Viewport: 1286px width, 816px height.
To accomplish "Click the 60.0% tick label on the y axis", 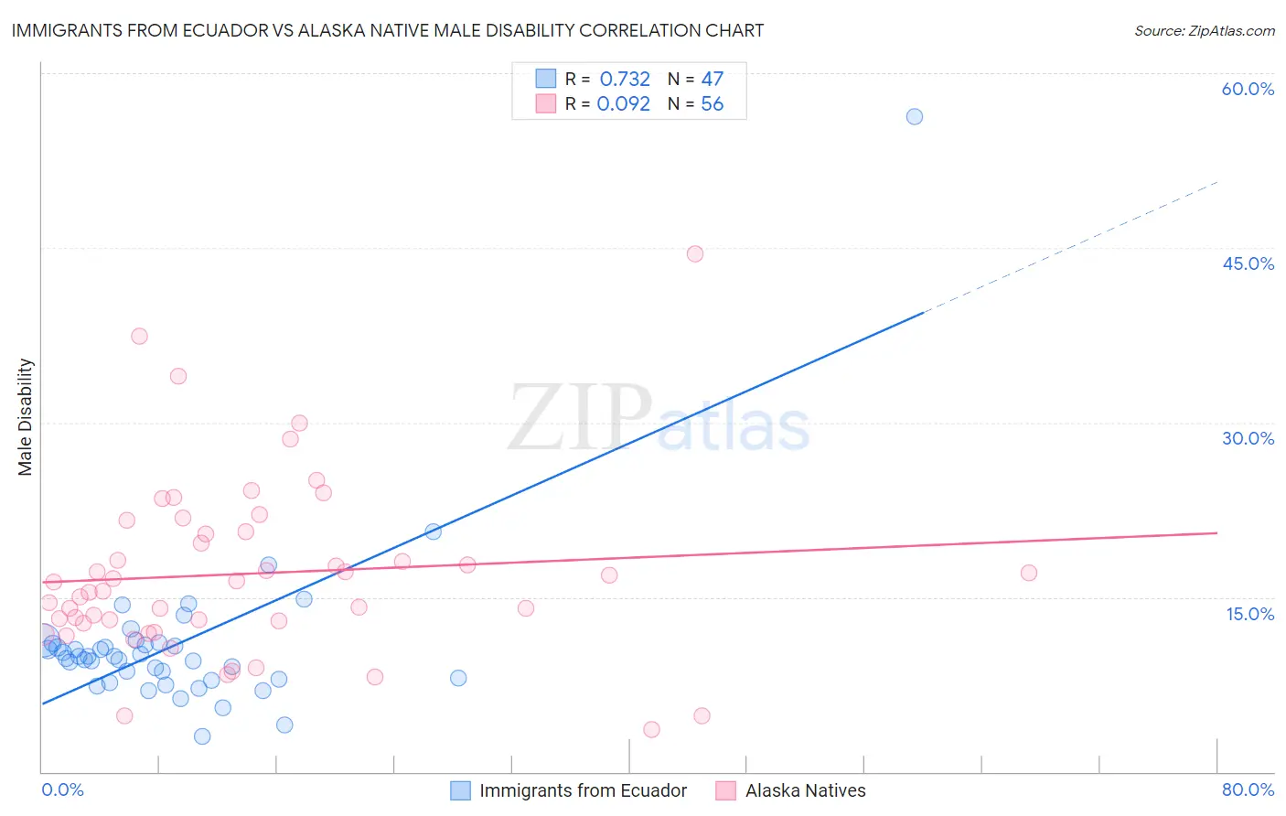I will (1248, 89).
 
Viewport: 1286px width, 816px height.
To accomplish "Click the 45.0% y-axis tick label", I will (1248, 263).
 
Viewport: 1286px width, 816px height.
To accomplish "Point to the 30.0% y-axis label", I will (1248, 438).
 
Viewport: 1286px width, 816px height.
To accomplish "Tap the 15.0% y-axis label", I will (1249, 613).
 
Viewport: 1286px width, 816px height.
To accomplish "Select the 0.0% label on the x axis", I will (62, 789).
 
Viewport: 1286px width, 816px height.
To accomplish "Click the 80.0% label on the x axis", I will (1248, 789).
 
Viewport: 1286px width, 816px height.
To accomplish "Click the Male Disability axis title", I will (25, 416).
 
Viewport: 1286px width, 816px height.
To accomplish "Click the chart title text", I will (387, 30).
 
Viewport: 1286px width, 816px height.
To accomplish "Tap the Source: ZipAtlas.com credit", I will (1204, 30).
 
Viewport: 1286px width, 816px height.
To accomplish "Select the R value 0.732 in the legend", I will (625, 80).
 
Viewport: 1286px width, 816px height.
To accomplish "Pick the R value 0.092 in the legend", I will (623, 104).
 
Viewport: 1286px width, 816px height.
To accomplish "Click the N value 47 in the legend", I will (712, 80).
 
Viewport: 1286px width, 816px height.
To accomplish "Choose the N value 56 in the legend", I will (712, 104).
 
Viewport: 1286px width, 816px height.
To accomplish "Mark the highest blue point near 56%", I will (914, 116).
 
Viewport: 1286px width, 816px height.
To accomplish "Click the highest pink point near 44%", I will (695, 254).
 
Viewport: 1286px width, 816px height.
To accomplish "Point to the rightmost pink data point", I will (1029, 573).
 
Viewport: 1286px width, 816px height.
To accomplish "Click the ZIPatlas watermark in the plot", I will (659, 418).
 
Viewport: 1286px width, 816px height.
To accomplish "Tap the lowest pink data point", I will (651, 729).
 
